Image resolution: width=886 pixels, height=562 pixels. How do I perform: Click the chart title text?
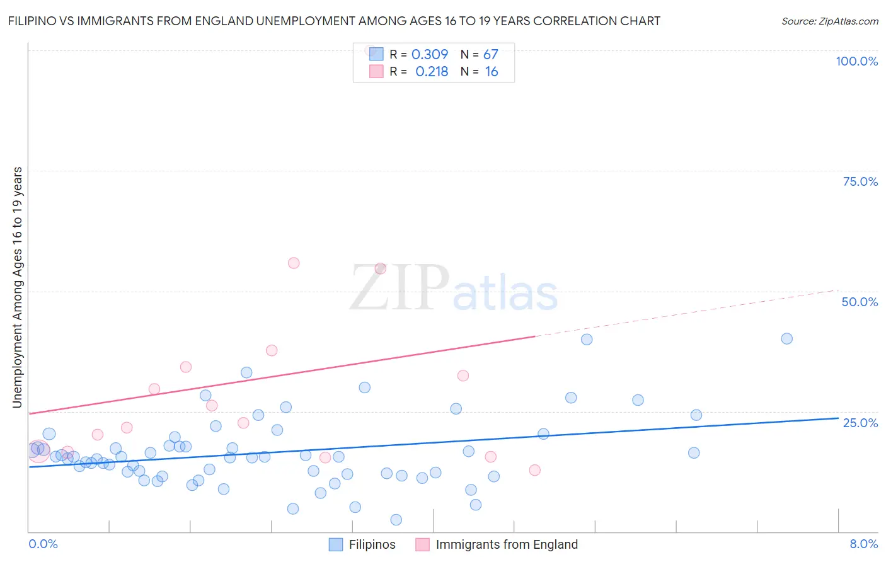334,21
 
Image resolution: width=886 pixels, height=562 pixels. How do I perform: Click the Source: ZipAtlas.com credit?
829,21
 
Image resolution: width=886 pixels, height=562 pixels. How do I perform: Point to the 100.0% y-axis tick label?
856,61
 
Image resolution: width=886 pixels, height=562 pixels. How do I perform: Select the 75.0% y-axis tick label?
860,181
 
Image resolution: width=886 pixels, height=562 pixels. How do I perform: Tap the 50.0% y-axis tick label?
860,302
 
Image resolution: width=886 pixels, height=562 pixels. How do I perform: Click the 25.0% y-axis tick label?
860,423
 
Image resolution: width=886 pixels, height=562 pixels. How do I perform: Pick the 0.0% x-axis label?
43,544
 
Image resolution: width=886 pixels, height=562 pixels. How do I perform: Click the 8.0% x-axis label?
863,544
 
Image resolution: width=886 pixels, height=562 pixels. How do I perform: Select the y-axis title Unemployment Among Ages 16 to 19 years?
18,287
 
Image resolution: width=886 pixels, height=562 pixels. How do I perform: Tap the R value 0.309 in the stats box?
430,55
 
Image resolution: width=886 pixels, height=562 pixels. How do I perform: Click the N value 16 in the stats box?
492,72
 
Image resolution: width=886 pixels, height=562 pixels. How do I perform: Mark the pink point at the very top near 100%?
371,50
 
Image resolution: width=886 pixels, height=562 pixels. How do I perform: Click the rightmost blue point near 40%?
786,338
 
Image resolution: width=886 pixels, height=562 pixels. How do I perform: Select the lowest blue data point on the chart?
396,520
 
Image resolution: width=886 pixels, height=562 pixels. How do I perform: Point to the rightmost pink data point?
534,470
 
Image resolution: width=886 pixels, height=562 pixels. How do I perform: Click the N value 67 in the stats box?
491,55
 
